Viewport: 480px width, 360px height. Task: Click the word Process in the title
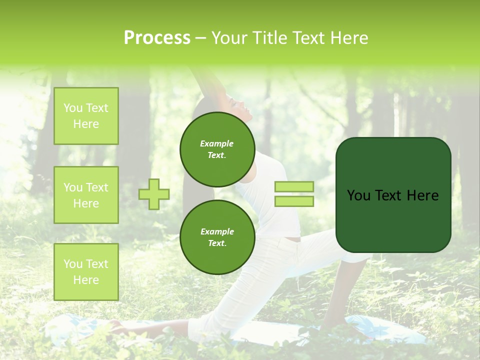(157, 38)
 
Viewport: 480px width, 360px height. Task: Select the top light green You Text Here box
(86, 116)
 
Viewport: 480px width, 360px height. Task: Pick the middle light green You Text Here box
(86, 195)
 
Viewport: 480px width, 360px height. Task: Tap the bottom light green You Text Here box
(86, 271)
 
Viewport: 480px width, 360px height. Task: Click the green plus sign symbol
(154, 194)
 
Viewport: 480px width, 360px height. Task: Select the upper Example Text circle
(217, 149)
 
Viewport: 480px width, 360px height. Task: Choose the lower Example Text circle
(217, 237)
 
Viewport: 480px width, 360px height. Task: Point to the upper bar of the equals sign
(294, 186)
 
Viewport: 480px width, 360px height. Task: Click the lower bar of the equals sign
(294, 201)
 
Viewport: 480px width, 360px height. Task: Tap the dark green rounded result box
(393, 220)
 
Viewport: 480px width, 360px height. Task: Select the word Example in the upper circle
(217, 143)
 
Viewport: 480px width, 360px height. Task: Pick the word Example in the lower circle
(217, 231)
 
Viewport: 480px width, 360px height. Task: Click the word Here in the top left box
(86, 124)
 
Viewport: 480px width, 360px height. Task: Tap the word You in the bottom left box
(73, 263)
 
